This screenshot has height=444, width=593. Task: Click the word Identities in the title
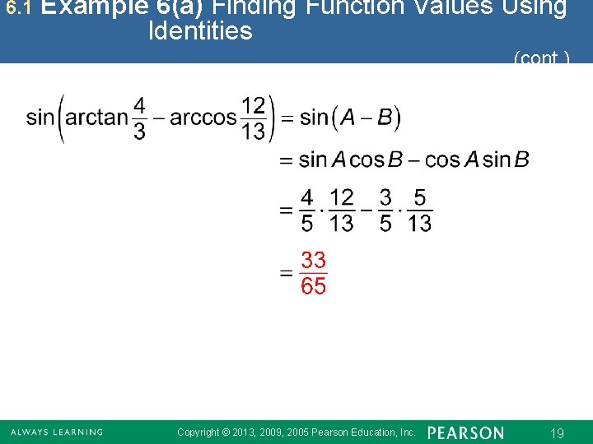200,31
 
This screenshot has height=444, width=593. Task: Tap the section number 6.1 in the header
17,8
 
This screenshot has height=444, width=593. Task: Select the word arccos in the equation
203,118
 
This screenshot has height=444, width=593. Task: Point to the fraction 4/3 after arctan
139,118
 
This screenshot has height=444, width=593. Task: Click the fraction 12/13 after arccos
254,118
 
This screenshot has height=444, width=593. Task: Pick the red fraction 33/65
313,274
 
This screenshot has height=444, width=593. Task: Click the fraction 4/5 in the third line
306,210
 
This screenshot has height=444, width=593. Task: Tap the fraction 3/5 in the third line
385,210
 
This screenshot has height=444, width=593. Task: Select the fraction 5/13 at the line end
419,210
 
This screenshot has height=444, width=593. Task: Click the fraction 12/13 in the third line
341,210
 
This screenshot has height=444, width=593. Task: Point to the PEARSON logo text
466,432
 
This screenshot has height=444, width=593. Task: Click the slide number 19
557,433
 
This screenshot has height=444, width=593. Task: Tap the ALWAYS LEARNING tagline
57,432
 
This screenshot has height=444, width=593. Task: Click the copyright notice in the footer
296,432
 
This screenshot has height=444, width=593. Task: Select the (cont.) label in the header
541,58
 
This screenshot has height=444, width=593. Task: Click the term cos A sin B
477,160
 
